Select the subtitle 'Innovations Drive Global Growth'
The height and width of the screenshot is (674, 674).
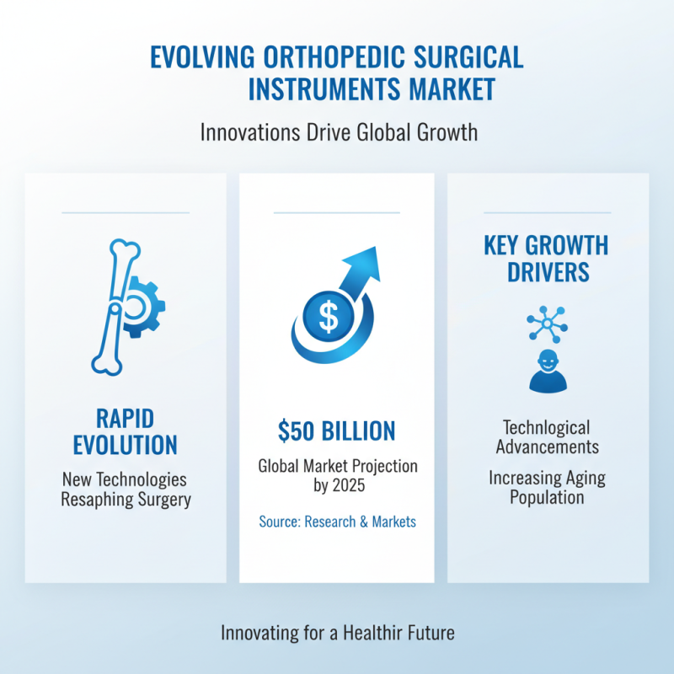coord(336,133)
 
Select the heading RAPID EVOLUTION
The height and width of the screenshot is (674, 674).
coord(125,431)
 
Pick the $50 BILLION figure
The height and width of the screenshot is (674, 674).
coord(336,431)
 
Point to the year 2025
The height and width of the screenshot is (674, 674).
coord(351,486)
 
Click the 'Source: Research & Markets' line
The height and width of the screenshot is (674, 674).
coord(337,522)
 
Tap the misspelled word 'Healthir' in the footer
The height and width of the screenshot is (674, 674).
coord(370,632)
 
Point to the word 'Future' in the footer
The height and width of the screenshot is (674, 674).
coord(428,632)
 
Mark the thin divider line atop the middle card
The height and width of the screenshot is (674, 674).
coord(336,213)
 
